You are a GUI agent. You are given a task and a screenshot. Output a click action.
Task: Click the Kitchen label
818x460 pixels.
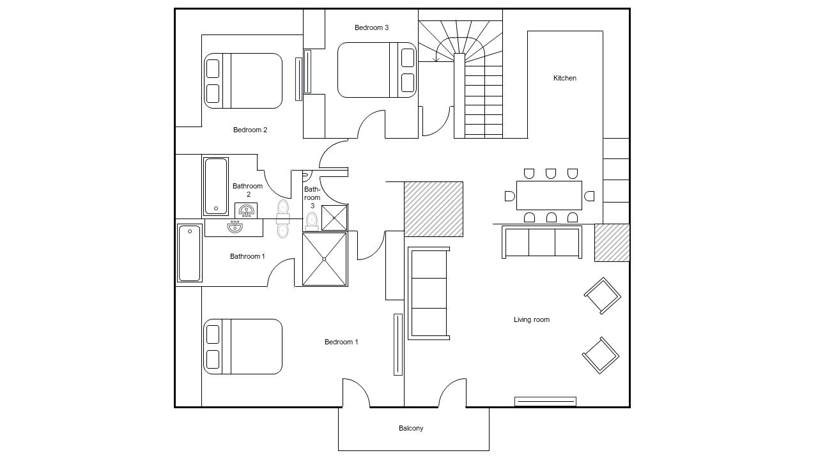(564, 78)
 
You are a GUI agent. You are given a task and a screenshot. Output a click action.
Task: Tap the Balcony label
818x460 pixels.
(411, 428)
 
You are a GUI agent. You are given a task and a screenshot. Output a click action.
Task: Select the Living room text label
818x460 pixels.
(531, 319)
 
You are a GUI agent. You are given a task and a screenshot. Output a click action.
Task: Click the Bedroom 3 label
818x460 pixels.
(371, 27)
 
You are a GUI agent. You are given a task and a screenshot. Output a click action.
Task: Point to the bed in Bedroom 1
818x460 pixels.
(243, 346)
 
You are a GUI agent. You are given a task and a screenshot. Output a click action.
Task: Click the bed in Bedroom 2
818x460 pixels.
(243, 80)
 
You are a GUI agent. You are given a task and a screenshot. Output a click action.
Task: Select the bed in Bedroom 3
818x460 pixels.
(376, 70)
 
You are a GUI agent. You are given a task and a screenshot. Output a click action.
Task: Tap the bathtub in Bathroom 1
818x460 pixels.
(190, 253)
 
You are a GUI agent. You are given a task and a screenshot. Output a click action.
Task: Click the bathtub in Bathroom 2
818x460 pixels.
(215, 186)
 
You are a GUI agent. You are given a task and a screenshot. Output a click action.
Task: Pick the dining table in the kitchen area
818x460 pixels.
(549, 195)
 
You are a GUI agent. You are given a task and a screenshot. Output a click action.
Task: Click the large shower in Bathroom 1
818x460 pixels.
(324, 259)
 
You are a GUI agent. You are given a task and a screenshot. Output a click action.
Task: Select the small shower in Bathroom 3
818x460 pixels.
(334, 217)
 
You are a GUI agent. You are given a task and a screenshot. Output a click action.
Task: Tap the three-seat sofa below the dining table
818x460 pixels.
(542, 242)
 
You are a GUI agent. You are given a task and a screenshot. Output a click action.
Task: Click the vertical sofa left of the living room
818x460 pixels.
(428, 293)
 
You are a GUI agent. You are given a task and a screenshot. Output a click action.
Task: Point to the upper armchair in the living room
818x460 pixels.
(602, 296)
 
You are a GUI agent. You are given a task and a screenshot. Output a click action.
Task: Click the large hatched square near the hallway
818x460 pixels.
(433, 209)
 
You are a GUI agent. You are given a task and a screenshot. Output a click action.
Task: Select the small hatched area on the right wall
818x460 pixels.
(612, 242)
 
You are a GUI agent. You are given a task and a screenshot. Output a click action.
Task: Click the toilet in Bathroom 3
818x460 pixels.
(312, 221)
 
